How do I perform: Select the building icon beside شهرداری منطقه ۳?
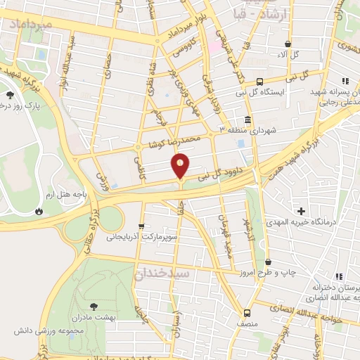pos(247,120)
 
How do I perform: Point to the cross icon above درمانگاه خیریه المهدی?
pos(301,211)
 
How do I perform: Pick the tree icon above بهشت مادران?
pos(94,306)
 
